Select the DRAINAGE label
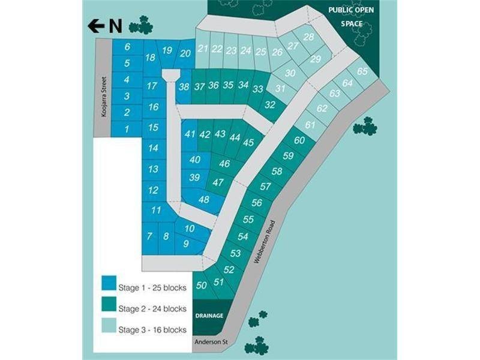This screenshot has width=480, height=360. coord(208,316)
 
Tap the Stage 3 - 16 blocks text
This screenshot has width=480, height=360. coord(152,330)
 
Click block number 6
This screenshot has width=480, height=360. coord(127,47)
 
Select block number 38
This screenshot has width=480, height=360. coord(184,86)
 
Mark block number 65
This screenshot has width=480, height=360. coord(362,71)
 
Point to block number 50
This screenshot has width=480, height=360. coord(202,284)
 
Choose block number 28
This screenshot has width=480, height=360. coord(309,37)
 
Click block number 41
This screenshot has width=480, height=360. coord(190,134)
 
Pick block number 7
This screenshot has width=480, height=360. coord(149,236)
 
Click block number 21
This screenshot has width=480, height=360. coord(203,49)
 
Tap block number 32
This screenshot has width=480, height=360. coord(270,104)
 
